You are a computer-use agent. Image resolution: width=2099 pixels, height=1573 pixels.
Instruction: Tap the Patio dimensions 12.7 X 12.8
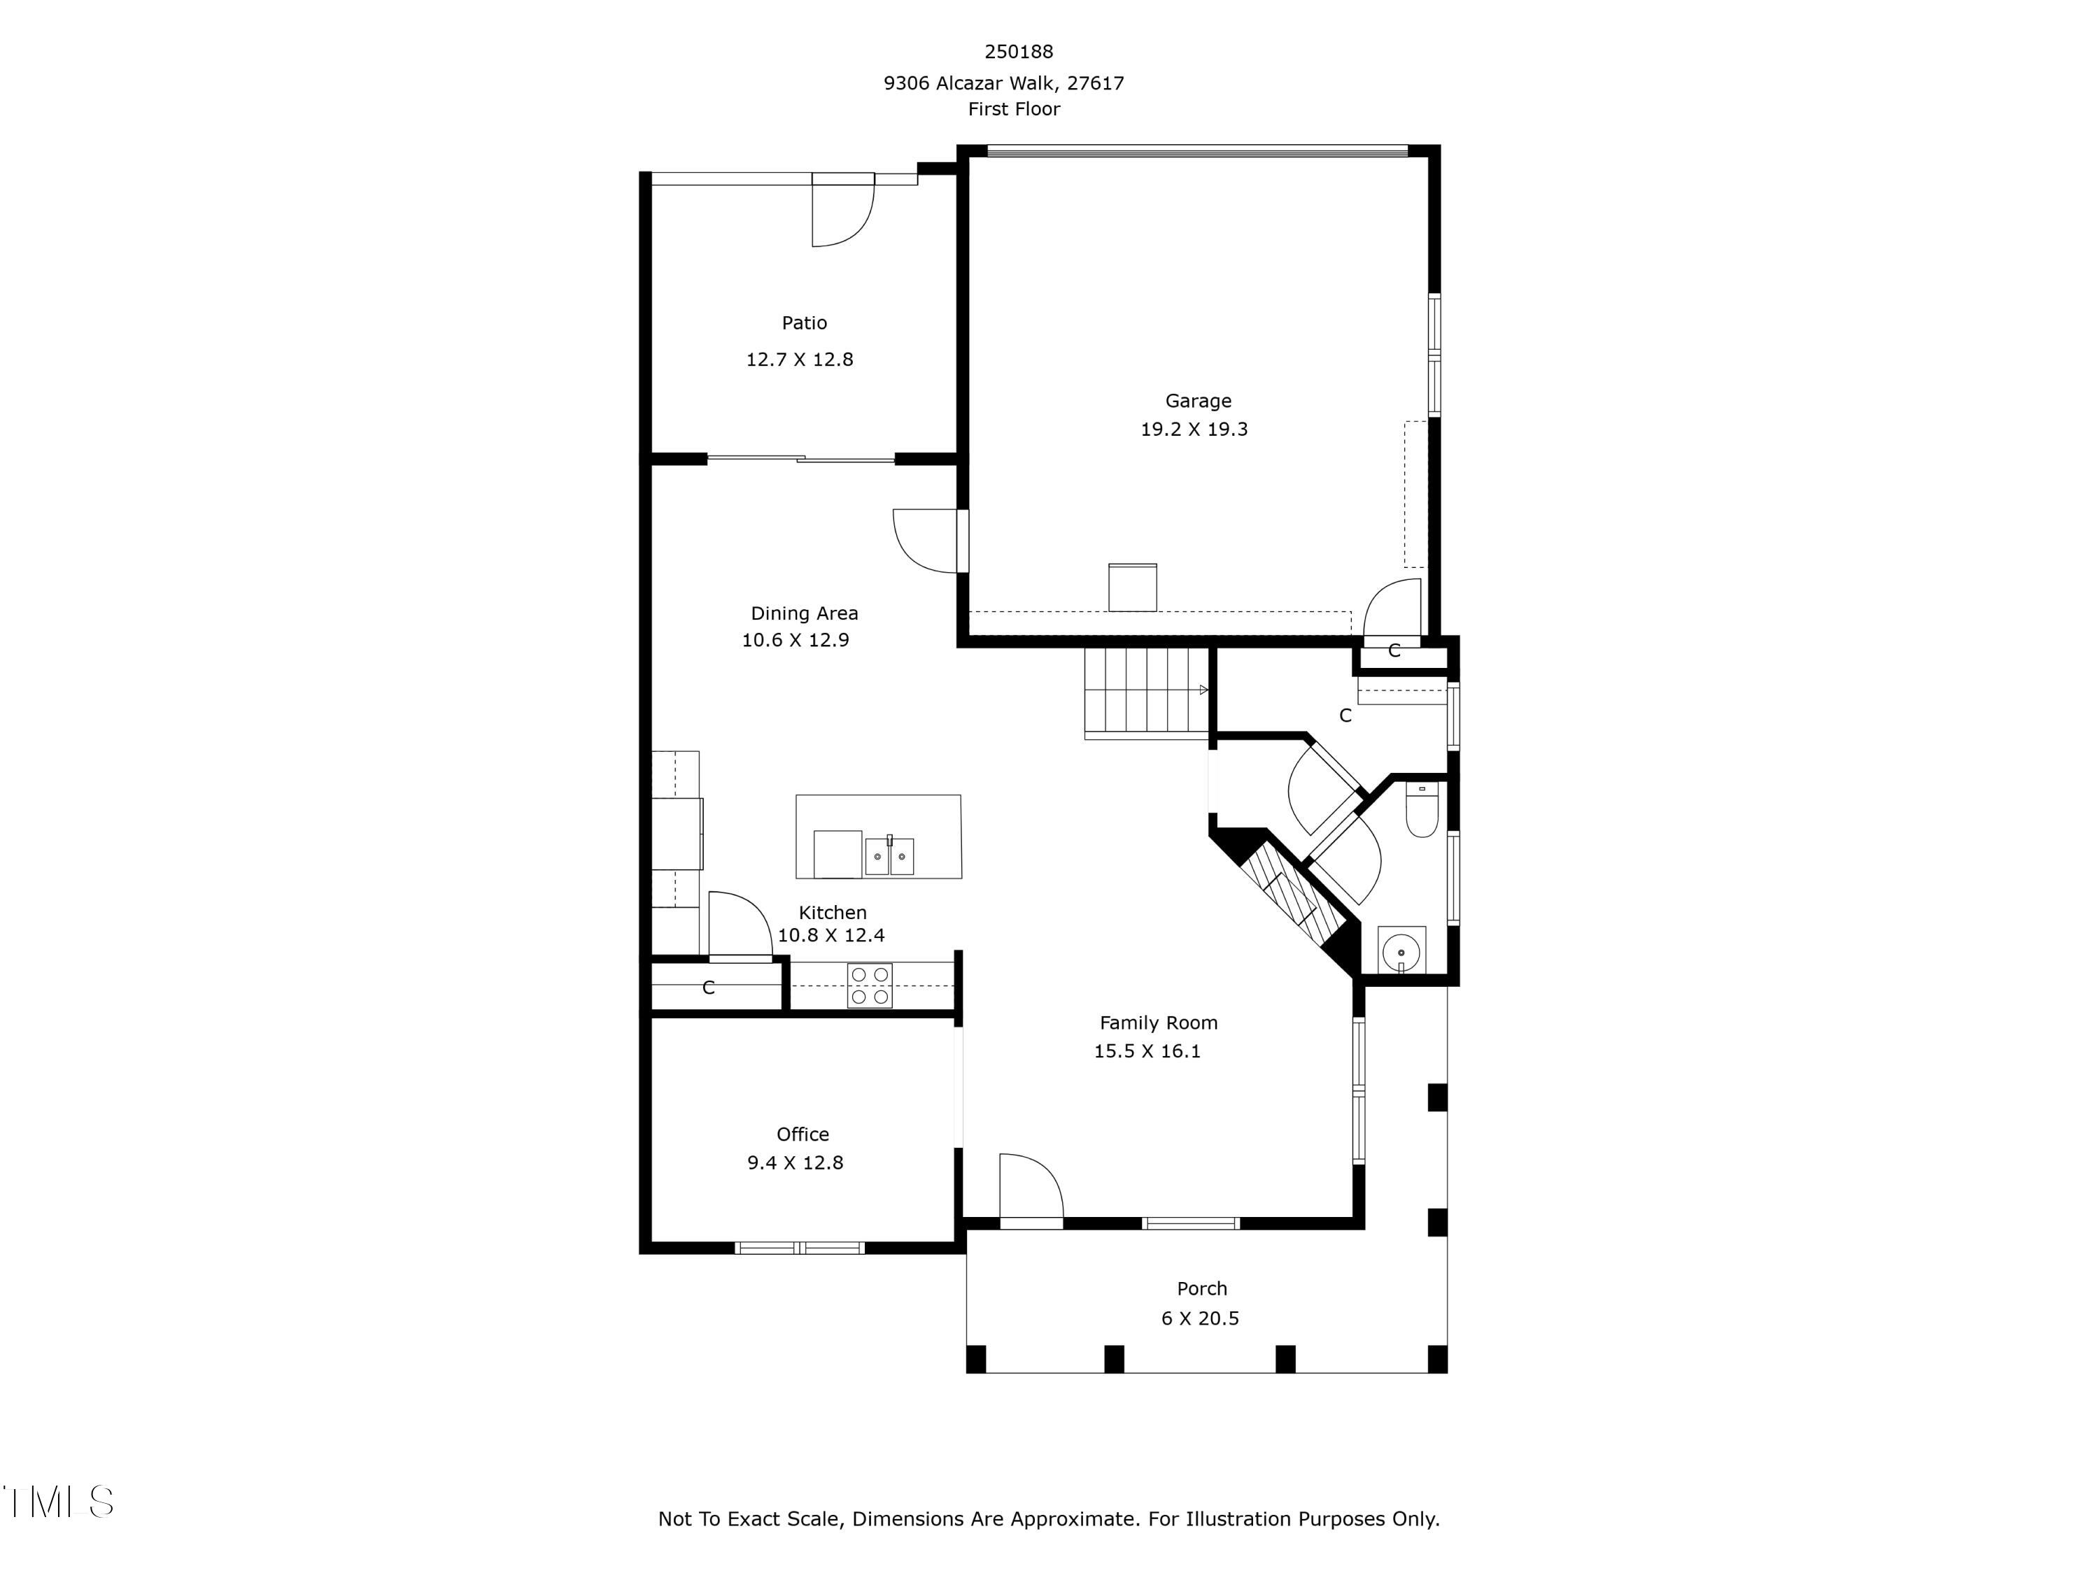point(799,360)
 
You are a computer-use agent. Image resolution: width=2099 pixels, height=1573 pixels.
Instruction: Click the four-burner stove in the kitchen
point(869,985)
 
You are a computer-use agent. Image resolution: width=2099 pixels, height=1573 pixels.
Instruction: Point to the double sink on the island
point(889,856)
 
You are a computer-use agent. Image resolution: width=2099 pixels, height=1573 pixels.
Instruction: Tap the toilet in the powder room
point(1422,812)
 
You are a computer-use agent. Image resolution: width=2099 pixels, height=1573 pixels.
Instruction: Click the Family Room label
point(1158,1023)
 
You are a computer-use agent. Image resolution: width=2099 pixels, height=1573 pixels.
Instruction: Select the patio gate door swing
point(841,213)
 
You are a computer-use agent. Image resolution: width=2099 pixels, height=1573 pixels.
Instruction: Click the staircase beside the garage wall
point(1145,692)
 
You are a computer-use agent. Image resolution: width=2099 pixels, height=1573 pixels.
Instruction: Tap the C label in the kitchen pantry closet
point(708,988)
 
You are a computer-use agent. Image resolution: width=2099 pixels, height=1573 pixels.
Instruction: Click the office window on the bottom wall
point(800,1248)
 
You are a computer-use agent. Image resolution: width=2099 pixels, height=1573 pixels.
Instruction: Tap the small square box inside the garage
point(1132,588)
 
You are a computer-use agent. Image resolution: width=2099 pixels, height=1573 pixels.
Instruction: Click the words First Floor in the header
point(1013,109)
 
